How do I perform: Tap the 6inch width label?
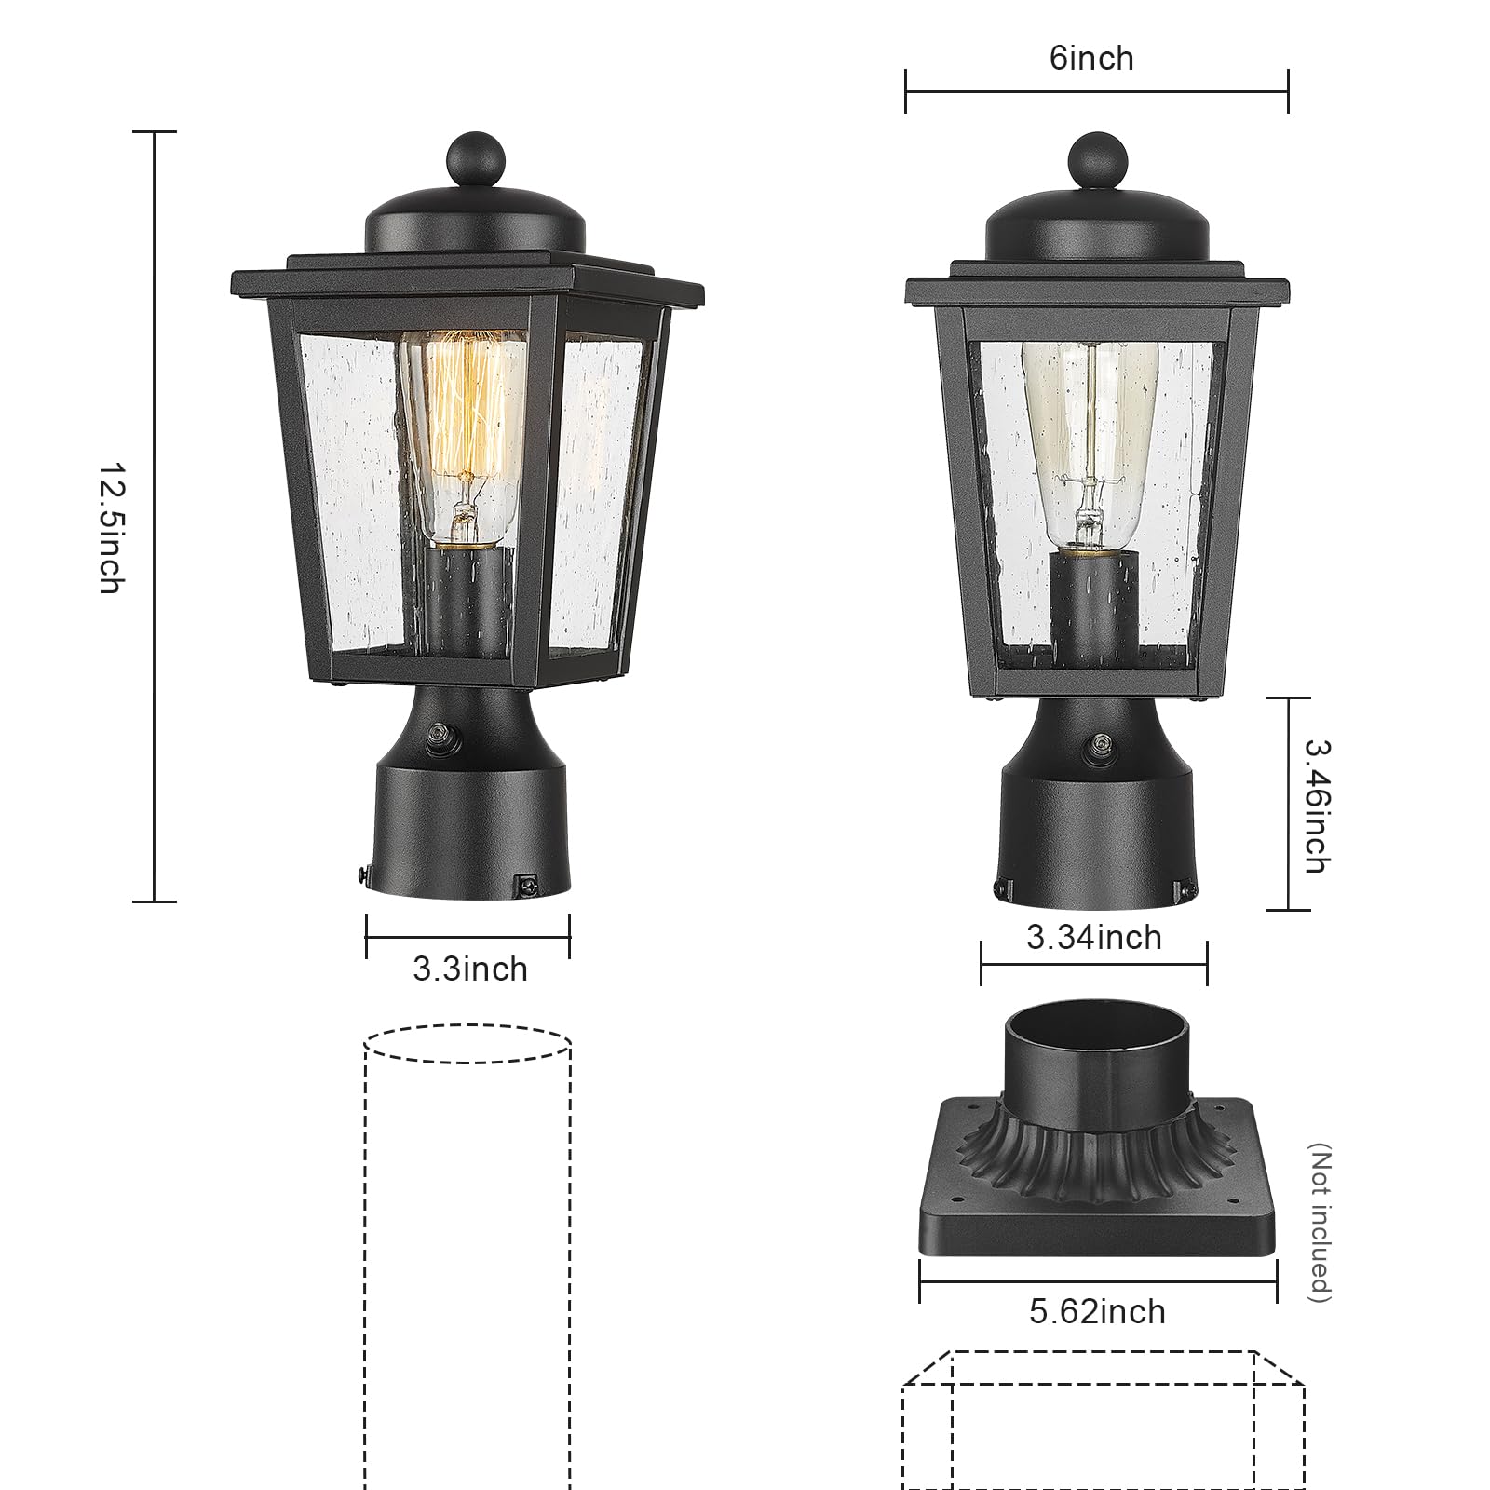(1091, 59)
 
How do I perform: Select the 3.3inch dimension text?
(469, 969)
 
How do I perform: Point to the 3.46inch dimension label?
(1316, 806)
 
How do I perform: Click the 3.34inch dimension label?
(1094, 937)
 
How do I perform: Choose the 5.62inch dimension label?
(1097, 1312)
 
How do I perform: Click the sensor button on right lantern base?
(1103, 742)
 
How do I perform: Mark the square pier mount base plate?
(1097, 1211)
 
